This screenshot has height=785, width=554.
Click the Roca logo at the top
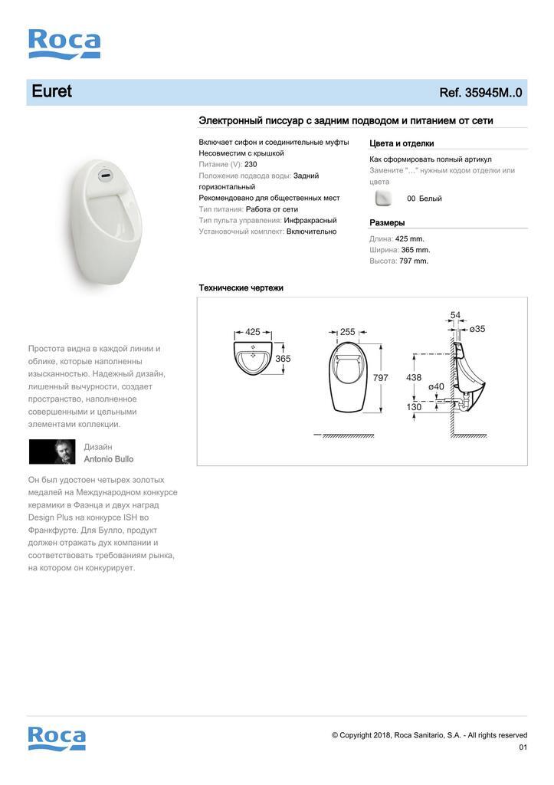click(x=64, y=44)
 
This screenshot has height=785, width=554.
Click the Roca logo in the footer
click(x=57, y=738)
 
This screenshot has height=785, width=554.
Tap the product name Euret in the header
click(x=51, y=91)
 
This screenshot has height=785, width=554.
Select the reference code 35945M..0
click(x=480, y=93)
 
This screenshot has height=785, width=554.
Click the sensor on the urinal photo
click(x=103, y=174)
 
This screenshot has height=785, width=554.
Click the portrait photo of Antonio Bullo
click(x=52, y=452)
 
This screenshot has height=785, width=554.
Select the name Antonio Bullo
click(x=108, y=459)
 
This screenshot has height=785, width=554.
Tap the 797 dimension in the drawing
click(x=381, y=377)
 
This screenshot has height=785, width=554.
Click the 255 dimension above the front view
click(x=347, y=332)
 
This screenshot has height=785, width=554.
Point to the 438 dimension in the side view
click(x=414, y=377)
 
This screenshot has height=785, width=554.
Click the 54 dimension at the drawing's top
click(x=455, y=315)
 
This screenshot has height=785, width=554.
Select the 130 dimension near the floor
click(x=414, y=407)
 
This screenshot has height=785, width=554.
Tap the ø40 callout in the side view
click(x=436, y=386)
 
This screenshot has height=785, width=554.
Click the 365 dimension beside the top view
click(x=283, y=359)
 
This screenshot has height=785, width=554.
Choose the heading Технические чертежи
click(x=241, y=287)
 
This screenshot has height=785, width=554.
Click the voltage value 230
click(x=251, y=165)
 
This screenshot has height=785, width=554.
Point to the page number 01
click(x=523, y=747)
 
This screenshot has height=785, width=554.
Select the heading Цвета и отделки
click(x=402, y=143)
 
